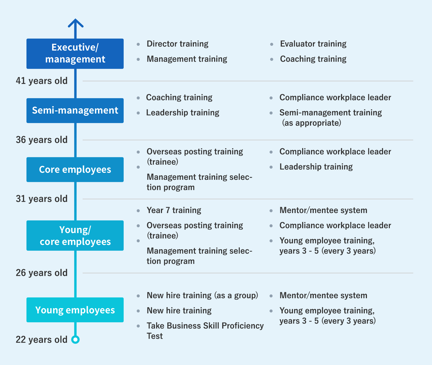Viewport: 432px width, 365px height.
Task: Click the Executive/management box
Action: click(75, 54)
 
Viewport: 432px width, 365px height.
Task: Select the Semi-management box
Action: click(75, 110)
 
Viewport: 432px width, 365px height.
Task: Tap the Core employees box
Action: click(75, 170)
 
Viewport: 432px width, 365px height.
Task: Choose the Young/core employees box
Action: click(75, 235)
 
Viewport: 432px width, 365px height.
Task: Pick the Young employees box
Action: click(75, 310)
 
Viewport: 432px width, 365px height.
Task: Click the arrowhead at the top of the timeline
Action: click(76, 23)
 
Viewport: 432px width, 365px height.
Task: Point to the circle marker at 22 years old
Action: click(76, 339)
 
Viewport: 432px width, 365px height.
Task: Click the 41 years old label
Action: click(42, 81)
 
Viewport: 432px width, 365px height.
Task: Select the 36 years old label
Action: click(42, 140)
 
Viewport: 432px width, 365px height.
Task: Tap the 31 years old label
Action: click(42, 199)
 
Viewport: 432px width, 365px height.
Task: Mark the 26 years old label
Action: click(42, 273)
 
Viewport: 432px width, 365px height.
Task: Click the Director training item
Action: click(177, 44)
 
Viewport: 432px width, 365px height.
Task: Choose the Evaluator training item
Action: click(313, 44)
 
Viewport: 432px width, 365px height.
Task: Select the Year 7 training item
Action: click(174, 210)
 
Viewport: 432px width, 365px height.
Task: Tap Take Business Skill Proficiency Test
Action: click(205, 331)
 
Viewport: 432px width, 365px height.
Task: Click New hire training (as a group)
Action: click(202, 295)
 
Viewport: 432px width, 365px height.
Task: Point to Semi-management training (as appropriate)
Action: click(331, 118)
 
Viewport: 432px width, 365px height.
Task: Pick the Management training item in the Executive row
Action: click(187, 59)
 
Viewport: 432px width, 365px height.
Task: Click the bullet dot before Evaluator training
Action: click(272, 44)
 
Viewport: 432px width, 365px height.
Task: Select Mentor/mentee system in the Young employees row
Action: click(323, 295)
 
